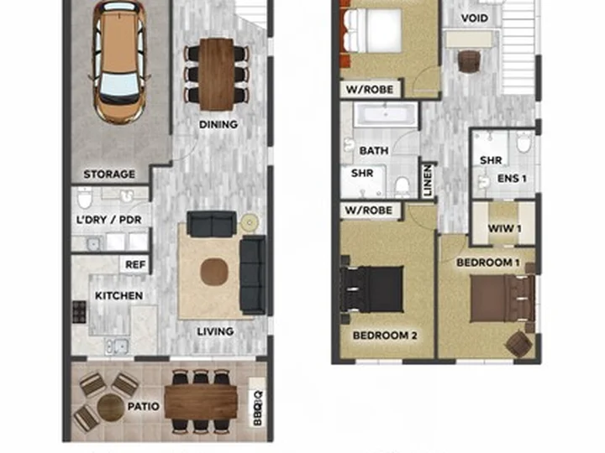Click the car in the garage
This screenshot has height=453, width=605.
[x=119, y=61]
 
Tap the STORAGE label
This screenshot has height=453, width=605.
[x=109, y=174]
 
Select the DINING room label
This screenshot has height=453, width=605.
[x=218, y=124]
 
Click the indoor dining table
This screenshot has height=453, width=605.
[x=217, y=75]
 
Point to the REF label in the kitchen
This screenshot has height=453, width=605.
[x=135, y=265]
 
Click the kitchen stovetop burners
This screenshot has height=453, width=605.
[x=79, y=312]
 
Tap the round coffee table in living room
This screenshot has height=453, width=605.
[x=214, y=272]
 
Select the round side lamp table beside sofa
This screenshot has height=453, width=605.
[x=250, y=222]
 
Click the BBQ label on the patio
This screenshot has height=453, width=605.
[x=258, y=409]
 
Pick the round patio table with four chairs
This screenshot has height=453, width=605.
[x=110, y=406]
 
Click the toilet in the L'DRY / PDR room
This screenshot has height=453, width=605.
[x=85, y=198]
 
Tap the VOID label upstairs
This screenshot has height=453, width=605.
[x=475, y=18]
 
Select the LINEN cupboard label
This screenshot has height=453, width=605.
[x=428, y=180]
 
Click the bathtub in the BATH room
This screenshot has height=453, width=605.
[x=386, y=114]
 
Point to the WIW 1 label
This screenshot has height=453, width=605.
[x=504, y=228]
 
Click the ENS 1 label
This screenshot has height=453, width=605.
[x=512, y=179]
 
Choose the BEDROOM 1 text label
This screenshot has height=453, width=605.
[x=487, y=263]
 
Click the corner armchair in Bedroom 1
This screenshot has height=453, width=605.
[x=518, y=343]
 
